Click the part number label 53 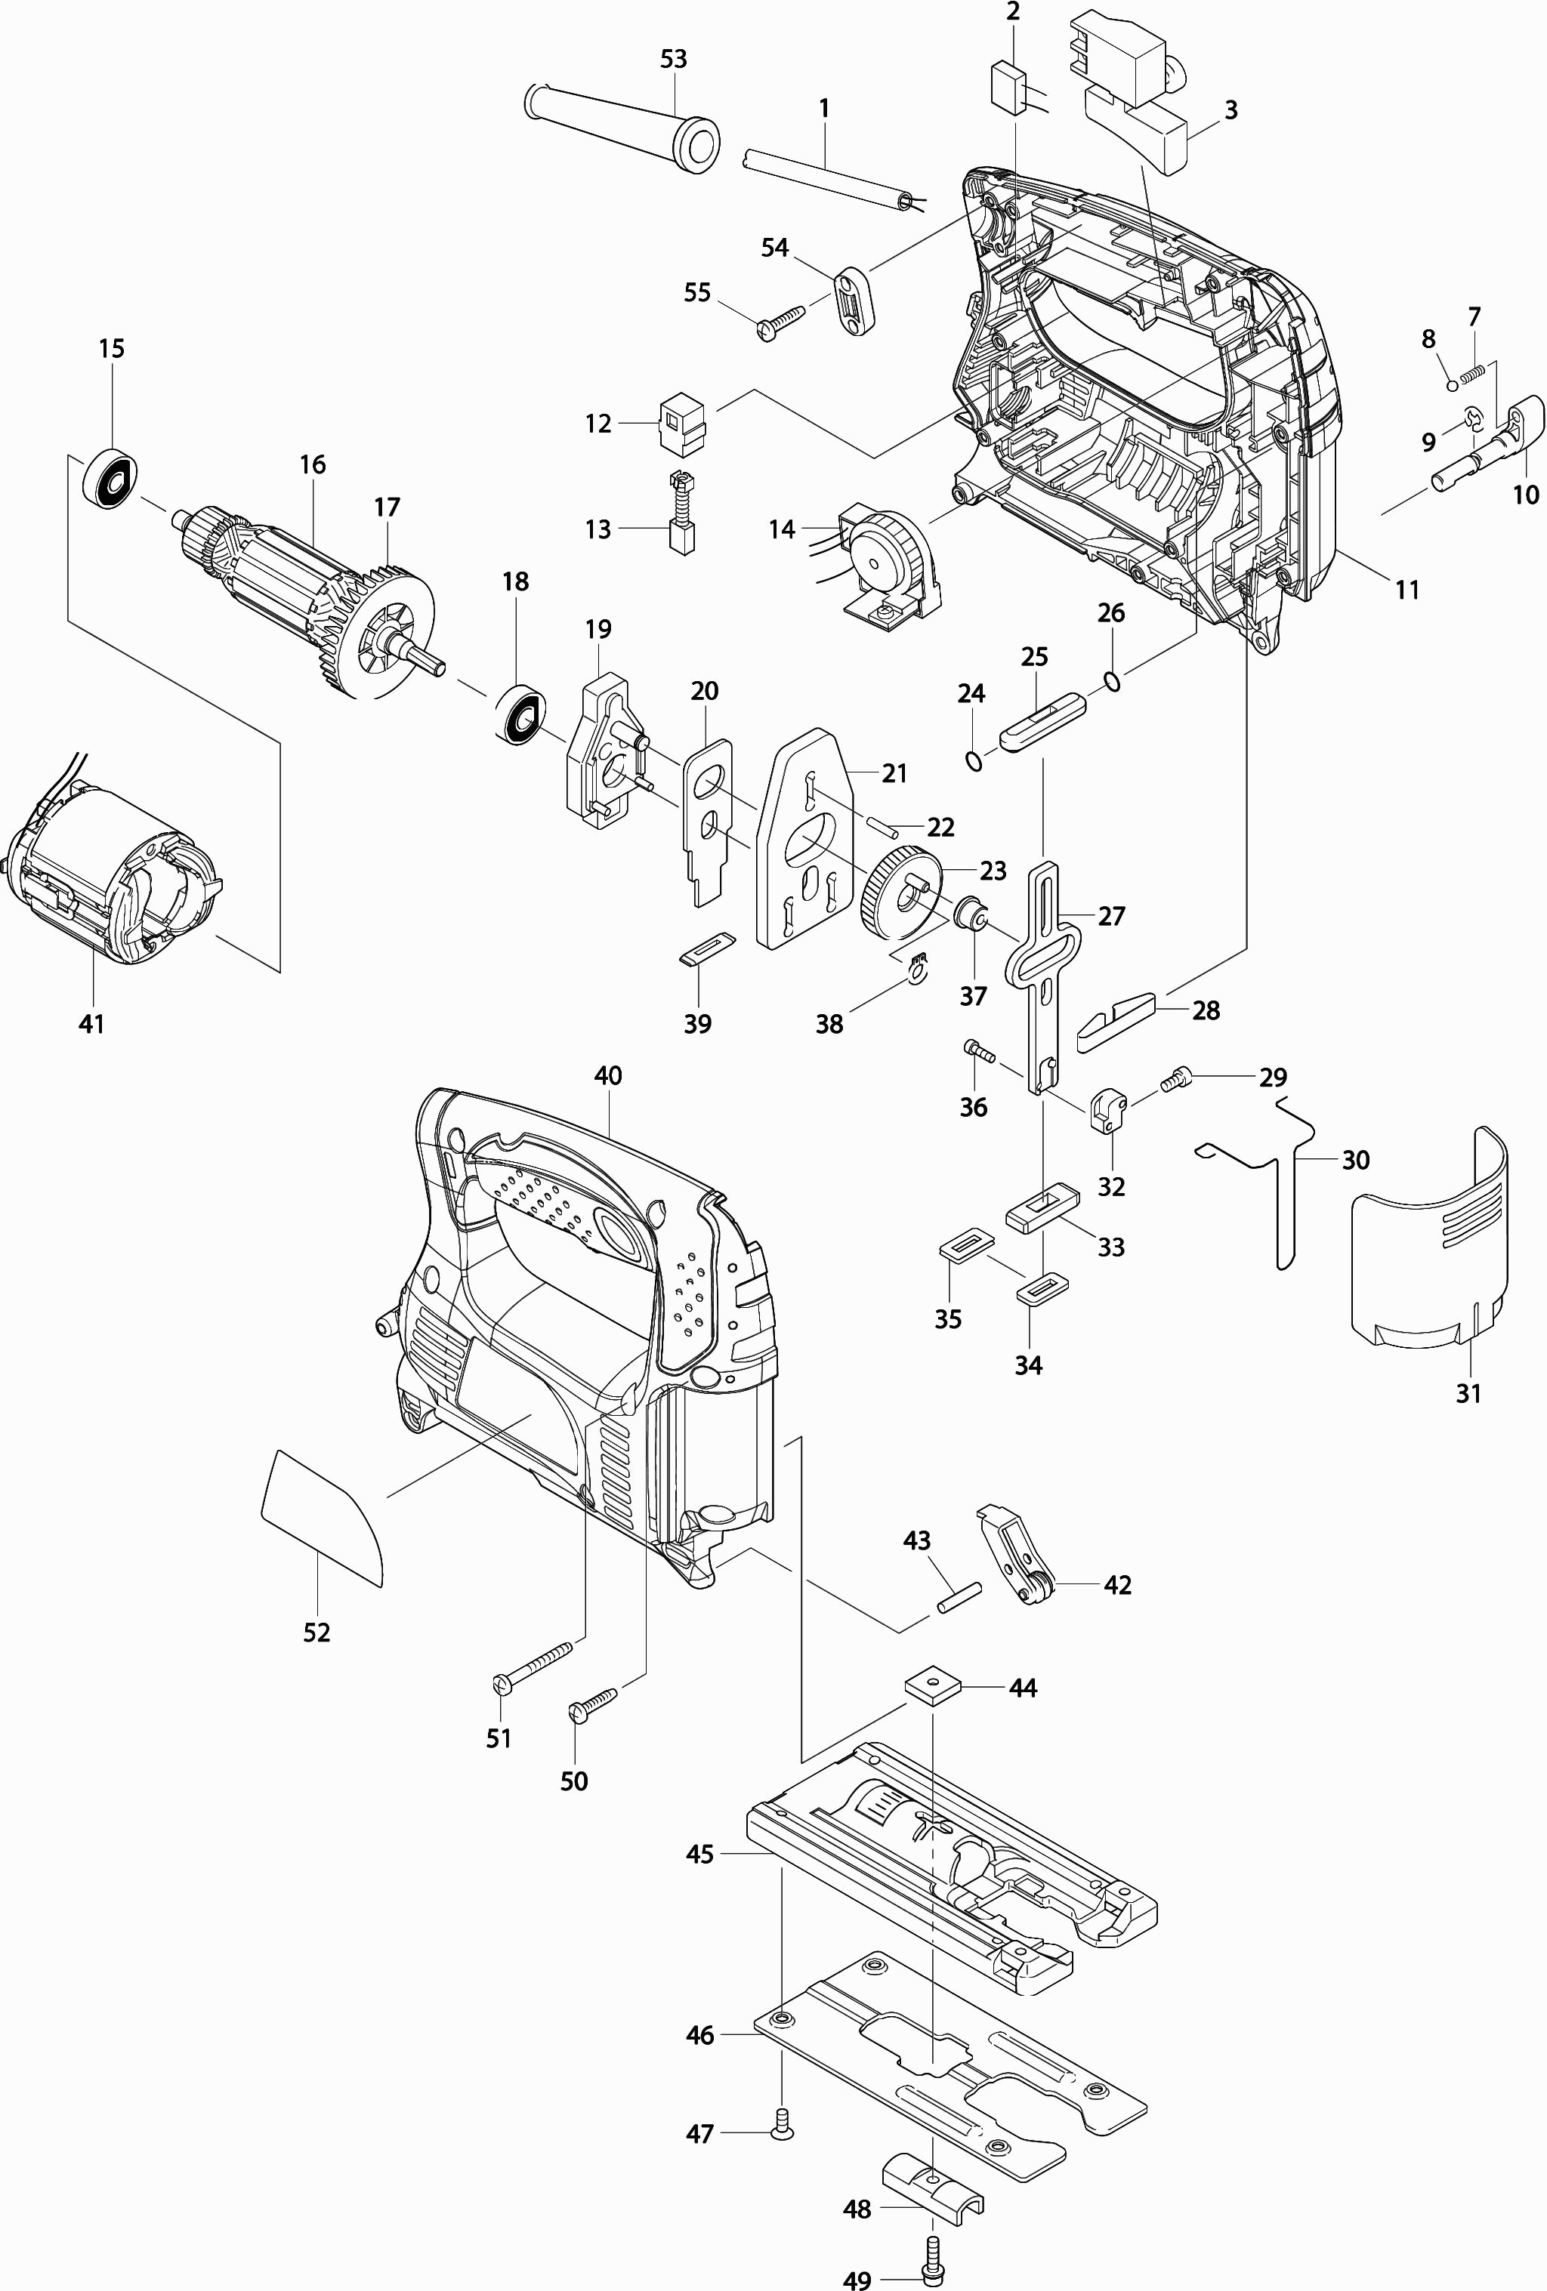674,59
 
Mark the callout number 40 608,1075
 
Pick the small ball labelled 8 1453,384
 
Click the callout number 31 1469,1393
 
